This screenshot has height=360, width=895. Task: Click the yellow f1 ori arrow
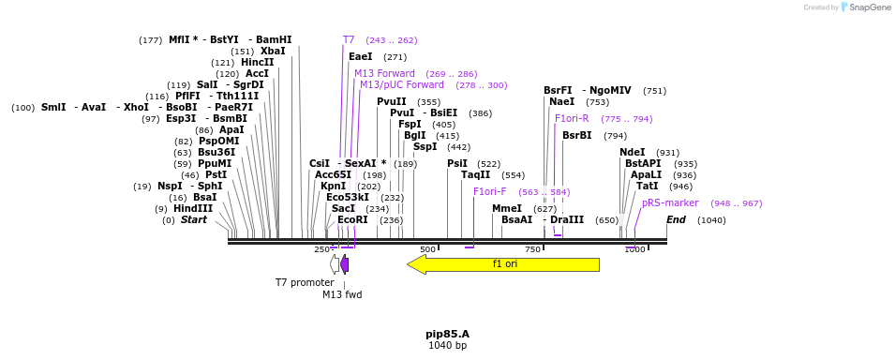tap(504, 264)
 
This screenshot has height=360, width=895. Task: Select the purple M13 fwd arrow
tap(345, 264)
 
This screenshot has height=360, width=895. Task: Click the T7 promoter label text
tap(304, 282)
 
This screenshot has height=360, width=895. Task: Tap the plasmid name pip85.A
tap(447, 333)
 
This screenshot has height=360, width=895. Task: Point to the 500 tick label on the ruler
tap(428, 249)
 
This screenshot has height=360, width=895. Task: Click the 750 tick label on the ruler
tap(533, 249)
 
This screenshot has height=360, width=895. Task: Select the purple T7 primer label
tap(349, 40)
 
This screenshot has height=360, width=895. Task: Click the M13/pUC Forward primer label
tap(402, 85)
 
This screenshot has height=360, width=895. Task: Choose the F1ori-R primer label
tap(572, 119)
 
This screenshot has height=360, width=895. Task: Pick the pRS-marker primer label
tap(670, 202)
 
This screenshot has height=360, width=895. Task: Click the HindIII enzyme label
tap(193, 209)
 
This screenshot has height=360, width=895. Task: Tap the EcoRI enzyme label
tap(352, 220)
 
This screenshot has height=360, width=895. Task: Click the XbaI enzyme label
tap(273, 52)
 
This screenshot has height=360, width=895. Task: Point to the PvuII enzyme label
tap(392, 102)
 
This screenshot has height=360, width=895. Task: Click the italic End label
tap(676, 220)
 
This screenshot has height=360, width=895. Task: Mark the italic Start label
tap(193, 220)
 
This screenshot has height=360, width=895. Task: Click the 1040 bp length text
tap(447, 345)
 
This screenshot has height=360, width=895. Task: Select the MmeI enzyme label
tap(507, 209)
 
